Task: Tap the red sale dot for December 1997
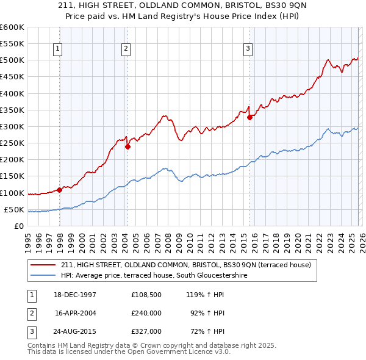tap(59, 190)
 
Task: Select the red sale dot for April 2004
tap(127, 146)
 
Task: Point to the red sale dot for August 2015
tap(249, 118)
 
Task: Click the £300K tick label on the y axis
tap(12, 126)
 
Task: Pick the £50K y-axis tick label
tap(14, 209)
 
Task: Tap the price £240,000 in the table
tap(146, 312)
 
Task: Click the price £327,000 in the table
tap(146, 331)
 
